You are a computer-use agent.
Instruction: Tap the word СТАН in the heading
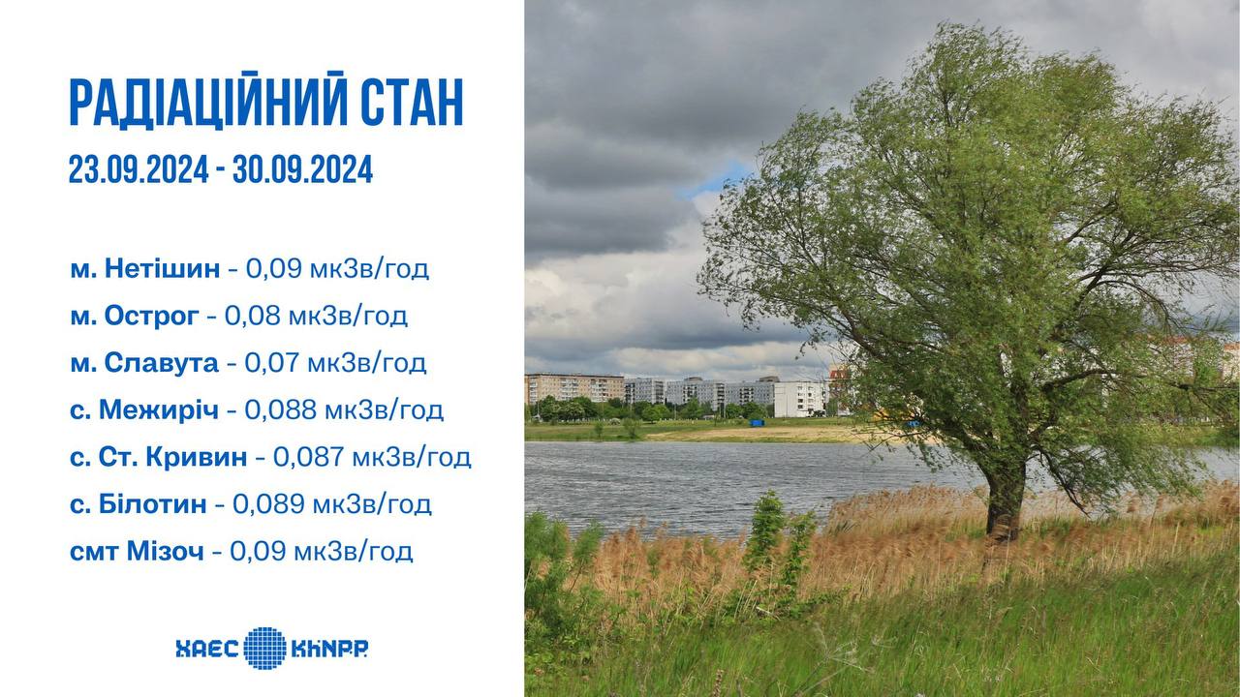click(x=413, y=104)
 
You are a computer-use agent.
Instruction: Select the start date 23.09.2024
click(x=139, y=169)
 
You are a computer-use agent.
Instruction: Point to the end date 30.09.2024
click(x=303, y=169)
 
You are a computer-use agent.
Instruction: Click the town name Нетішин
click(x=162, y=269)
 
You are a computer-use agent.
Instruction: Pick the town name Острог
click(x=152, y=317)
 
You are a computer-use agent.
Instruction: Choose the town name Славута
click(x=161, y=364)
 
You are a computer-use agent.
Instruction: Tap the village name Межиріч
click(x=158, y=410)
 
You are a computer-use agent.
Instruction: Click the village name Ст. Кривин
click(x=172, y=458)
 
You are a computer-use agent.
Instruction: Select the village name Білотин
click(x=153, y=504)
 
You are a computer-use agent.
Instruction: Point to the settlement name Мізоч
click(x=166, y=552)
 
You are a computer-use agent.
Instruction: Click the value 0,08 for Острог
click(x=253, y=317)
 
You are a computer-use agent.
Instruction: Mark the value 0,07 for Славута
click(x=272, y=363)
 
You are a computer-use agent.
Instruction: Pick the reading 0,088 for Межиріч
click(x=281, y=410)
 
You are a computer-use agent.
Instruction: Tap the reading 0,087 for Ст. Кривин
click(x=309, y=458)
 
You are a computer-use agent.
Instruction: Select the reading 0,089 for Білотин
click(x=268, y=504)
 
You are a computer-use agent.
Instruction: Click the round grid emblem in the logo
click(x=265, y=648)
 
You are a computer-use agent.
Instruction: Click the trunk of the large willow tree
click(x=1005, y=500)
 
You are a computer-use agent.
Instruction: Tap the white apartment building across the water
click(x=799, y=399)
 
